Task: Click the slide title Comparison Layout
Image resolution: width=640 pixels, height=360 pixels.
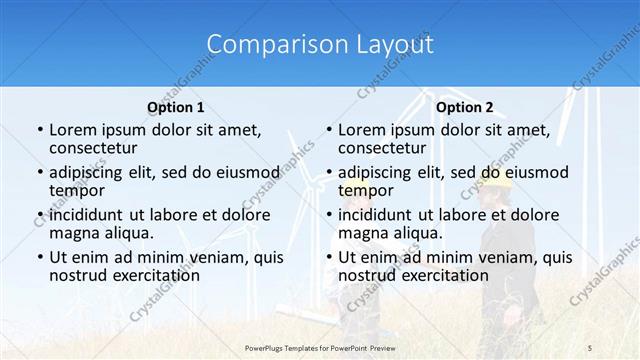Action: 320,44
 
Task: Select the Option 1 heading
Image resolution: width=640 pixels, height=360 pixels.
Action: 175,106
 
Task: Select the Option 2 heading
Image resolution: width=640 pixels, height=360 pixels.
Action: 465,106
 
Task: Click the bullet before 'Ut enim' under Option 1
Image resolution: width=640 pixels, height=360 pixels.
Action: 39,257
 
